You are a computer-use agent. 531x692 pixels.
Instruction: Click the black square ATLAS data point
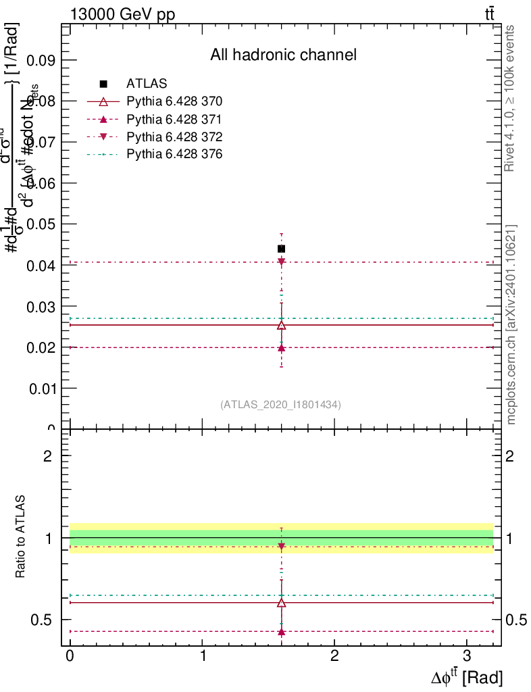pos(282,249)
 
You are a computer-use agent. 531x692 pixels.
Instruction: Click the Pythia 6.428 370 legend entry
pos(174,101)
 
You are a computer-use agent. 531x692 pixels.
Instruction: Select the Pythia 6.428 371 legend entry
pos(174,119)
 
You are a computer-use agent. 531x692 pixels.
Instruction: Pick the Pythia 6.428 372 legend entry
pos(174,137)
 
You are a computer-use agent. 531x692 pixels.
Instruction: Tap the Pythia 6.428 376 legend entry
pos(174,155)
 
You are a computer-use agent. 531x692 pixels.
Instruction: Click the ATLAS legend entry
pos(147,84)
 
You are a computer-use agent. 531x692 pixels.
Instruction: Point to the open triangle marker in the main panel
pos(282,325)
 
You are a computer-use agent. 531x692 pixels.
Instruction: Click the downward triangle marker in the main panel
pos(282,262)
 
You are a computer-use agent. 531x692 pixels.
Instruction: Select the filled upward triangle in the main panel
pos(282,348)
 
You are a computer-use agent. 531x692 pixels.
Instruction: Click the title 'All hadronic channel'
pos(283,55)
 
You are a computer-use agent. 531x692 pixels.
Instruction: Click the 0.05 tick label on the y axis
pos(41,224)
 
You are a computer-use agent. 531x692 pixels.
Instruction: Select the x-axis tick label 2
pos(334,656)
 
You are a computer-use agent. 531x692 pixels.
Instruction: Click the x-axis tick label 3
pos(467,656)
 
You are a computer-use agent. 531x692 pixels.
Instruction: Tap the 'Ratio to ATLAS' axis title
pos(21,537)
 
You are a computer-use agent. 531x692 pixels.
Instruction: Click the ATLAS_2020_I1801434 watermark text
pos(280,405)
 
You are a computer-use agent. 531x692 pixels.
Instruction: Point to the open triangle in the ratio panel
pos(282,602)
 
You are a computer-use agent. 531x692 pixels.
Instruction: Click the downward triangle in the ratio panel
pos(282,546)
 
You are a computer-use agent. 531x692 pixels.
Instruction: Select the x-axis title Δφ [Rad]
pos(467,676)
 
